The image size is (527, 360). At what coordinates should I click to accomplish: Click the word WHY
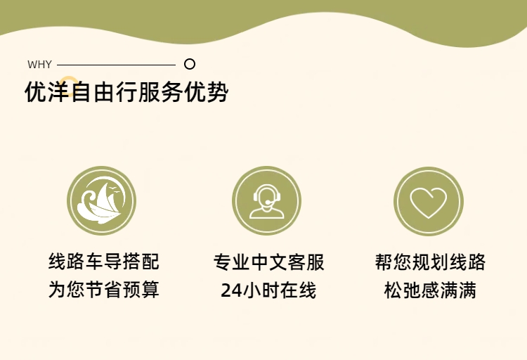click(39, 64)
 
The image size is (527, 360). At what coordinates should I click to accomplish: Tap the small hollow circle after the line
click(190, 64)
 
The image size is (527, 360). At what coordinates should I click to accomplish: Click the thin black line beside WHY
click(116, 65)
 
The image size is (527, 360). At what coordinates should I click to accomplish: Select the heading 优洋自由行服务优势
click(126, 91)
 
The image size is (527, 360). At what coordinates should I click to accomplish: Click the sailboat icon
click(101, 200)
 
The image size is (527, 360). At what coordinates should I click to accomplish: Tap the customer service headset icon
click(266, 200)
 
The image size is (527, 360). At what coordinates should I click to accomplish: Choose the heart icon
click(429, 201)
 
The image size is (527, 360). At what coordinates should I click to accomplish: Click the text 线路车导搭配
click(104, 262)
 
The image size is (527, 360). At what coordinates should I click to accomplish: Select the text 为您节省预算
click(104, 290)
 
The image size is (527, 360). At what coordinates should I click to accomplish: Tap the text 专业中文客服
click(269, 262)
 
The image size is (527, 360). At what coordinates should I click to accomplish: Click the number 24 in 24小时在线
click(231, 290)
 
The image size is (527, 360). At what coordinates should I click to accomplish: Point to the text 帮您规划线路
click(430, 262)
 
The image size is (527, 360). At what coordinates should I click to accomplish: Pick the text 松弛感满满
click(430, 290)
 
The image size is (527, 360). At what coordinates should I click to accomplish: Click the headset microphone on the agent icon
click(268, 202)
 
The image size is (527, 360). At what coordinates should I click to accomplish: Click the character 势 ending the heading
click(218, 91)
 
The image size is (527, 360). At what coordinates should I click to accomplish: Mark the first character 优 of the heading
click(36, 91)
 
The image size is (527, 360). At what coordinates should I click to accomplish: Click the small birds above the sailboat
click(115, 190)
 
